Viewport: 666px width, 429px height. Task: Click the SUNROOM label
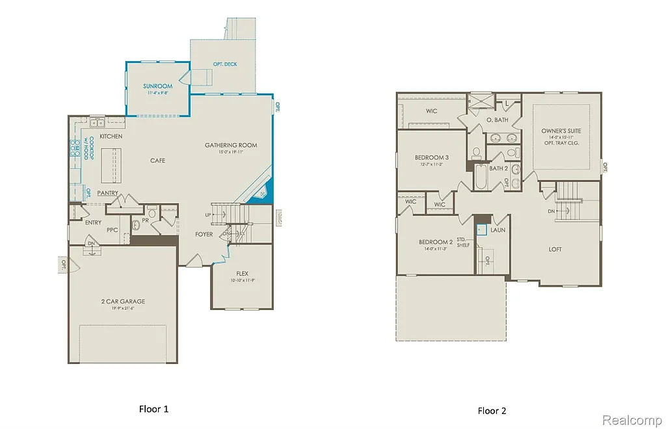[x=158, y=86]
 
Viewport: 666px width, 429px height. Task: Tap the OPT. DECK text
[x=225, y=64]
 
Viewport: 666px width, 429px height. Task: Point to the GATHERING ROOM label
[x=231, y=145]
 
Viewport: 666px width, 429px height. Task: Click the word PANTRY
[x=107, y=193]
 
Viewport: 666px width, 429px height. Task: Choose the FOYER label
[x=204, y=234]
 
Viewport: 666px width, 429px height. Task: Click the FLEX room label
[x=242, y=274]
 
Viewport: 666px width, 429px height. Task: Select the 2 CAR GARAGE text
[x=123, y=301]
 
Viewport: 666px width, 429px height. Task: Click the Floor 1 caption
[x=153, y=409]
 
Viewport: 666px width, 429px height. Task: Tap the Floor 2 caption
[x=492, y=410]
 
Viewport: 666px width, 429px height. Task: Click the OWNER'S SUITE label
[x=561, y=131]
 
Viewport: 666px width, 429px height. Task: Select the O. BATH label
[x=497, y=120]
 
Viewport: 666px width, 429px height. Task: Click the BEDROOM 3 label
[x=431, y=157]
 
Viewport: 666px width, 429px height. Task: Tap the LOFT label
[x=555, y=249]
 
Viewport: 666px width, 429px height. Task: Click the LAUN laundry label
[x=498, y=229]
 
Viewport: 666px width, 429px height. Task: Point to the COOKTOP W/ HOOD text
[x=92, y=149]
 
